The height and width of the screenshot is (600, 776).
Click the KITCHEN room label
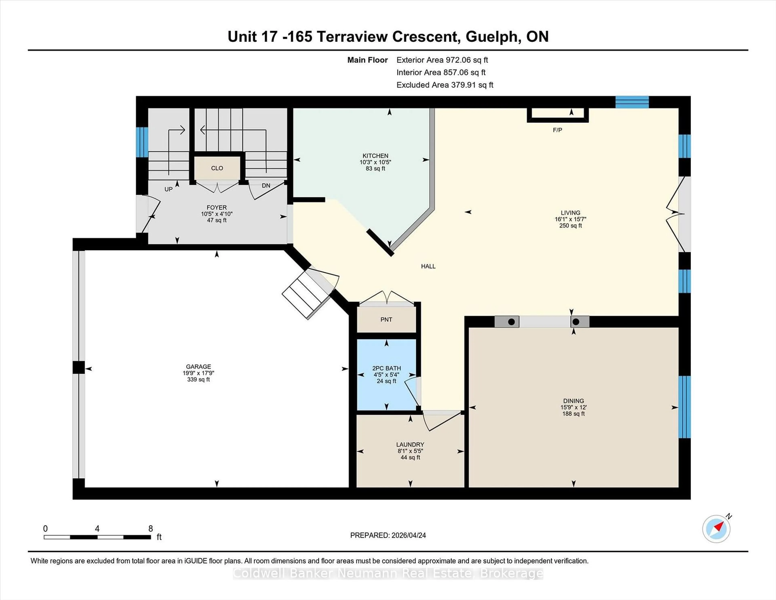coord(375,156)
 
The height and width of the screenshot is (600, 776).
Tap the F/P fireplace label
coord(557,130)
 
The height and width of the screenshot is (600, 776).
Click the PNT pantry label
coord(386,320)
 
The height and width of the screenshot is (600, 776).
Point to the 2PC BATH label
coord(387,368)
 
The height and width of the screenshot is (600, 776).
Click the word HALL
coord(428,266)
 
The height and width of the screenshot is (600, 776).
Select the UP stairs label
coord(168,189)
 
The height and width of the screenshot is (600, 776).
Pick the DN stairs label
coord(266,186)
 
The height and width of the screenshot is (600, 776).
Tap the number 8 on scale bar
coord(151,529)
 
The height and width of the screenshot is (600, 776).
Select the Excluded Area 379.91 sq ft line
coord(445,85)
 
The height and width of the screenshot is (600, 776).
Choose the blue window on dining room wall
coord(684,407)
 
